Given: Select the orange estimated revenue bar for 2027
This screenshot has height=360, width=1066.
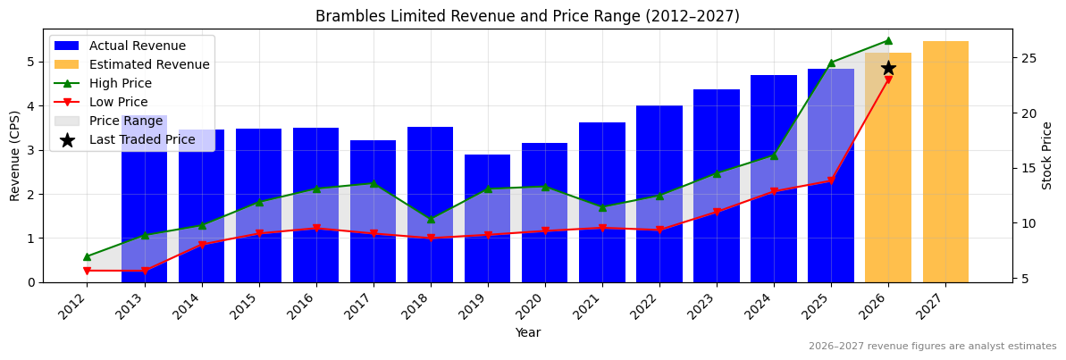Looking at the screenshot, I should [x=945, y=162].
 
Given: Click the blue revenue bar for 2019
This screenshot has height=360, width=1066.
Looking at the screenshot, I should [x=488, y=218].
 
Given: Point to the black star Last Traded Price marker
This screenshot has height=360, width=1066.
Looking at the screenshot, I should [x=888, y=68].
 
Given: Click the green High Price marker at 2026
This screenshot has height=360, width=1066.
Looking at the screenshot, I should [x=888, y=40].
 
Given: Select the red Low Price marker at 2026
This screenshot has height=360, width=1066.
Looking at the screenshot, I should [x=888, y=80].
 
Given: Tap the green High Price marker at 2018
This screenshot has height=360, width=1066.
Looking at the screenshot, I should [x=431, y=219].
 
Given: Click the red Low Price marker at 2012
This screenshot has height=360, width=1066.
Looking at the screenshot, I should [x=87, y=271].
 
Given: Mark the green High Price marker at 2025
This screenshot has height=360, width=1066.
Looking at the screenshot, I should [x=831, y=63].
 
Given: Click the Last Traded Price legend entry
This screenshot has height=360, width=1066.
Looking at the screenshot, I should [x=131, y=140].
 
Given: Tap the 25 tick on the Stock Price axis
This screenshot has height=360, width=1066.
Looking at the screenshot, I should [x=1028, y=58].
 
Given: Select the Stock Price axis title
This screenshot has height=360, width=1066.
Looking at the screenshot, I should [x=1047, y=155].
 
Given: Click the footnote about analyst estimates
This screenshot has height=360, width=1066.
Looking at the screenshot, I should [x=932, y=347].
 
